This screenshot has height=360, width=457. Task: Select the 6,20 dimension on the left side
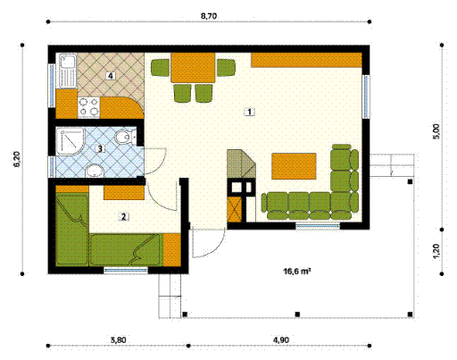17,161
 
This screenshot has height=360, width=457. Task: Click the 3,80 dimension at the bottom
116,340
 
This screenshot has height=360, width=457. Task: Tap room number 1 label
250,112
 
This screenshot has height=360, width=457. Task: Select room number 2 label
124,215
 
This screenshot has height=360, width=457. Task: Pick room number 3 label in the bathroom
101,149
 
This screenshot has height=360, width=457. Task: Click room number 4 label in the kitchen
110,77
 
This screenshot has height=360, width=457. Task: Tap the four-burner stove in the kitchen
88,106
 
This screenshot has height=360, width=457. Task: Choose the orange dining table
193,68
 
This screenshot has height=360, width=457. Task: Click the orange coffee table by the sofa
294,165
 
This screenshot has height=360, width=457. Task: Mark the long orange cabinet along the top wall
306,60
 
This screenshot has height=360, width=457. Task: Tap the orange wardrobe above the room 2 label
123,191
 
